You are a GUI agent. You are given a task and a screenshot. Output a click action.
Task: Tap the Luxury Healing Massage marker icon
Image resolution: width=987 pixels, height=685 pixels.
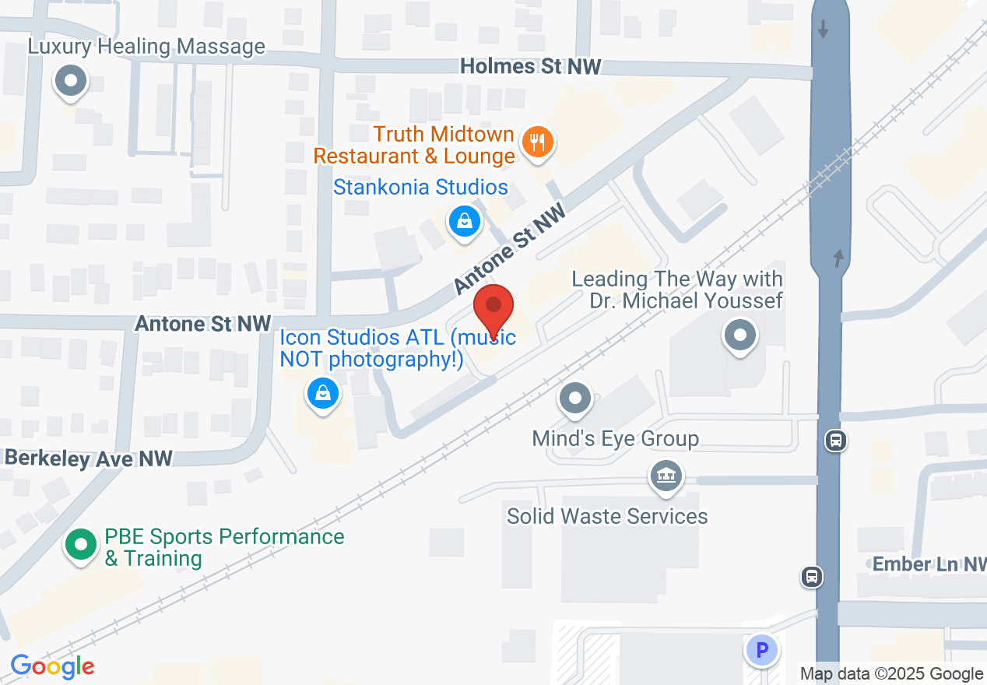tap(71, 80)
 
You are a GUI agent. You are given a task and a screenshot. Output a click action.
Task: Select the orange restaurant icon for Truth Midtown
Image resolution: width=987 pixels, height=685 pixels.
tap(536, 142)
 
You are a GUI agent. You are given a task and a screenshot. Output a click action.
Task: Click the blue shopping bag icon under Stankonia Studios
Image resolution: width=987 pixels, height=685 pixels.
tap(465, 221)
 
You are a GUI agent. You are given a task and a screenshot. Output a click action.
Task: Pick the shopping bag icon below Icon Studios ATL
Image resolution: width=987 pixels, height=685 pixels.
tap(322, 393)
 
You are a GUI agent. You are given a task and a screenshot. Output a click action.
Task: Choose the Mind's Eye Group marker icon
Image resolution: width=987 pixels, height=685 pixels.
tap(576, 399)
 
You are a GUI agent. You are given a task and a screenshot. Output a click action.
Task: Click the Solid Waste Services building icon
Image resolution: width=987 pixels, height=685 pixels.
tap(666, 474)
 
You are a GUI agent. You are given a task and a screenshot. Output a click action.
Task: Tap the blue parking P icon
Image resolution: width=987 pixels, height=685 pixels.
tap(762, 649)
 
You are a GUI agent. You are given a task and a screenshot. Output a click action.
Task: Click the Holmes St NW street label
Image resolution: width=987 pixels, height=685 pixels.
tap(530, 67)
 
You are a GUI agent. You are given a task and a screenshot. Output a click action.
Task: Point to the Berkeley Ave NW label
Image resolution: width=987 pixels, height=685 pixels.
tap(87, 458)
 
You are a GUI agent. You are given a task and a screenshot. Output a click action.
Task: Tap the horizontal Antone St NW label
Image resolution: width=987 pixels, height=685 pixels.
tap(203, 323)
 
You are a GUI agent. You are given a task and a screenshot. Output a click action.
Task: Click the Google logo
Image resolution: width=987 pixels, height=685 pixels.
tap(52, 666)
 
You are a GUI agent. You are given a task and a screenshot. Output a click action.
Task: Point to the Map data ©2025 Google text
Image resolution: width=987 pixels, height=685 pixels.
tap(891, 674)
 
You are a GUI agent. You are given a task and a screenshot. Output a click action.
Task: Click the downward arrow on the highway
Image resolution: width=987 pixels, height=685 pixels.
tap(824, 29)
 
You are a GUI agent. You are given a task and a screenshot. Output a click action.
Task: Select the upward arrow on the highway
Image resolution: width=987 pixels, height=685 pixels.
tap(838, 258)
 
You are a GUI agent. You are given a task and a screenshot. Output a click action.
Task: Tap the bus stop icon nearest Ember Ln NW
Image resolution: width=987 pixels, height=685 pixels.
tap(812, 577)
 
